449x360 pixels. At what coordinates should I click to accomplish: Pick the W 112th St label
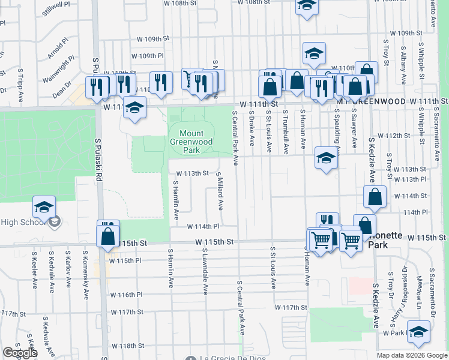397,136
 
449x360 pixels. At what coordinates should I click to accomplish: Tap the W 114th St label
410,196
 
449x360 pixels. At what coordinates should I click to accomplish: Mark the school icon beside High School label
44,207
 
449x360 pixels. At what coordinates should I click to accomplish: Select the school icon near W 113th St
326,158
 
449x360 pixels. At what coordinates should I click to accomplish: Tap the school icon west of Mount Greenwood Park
135,107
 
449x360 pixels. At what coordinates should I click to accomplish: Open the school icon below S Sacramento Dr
418,331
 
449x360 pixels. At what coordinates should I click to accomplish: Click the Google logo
19,353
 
